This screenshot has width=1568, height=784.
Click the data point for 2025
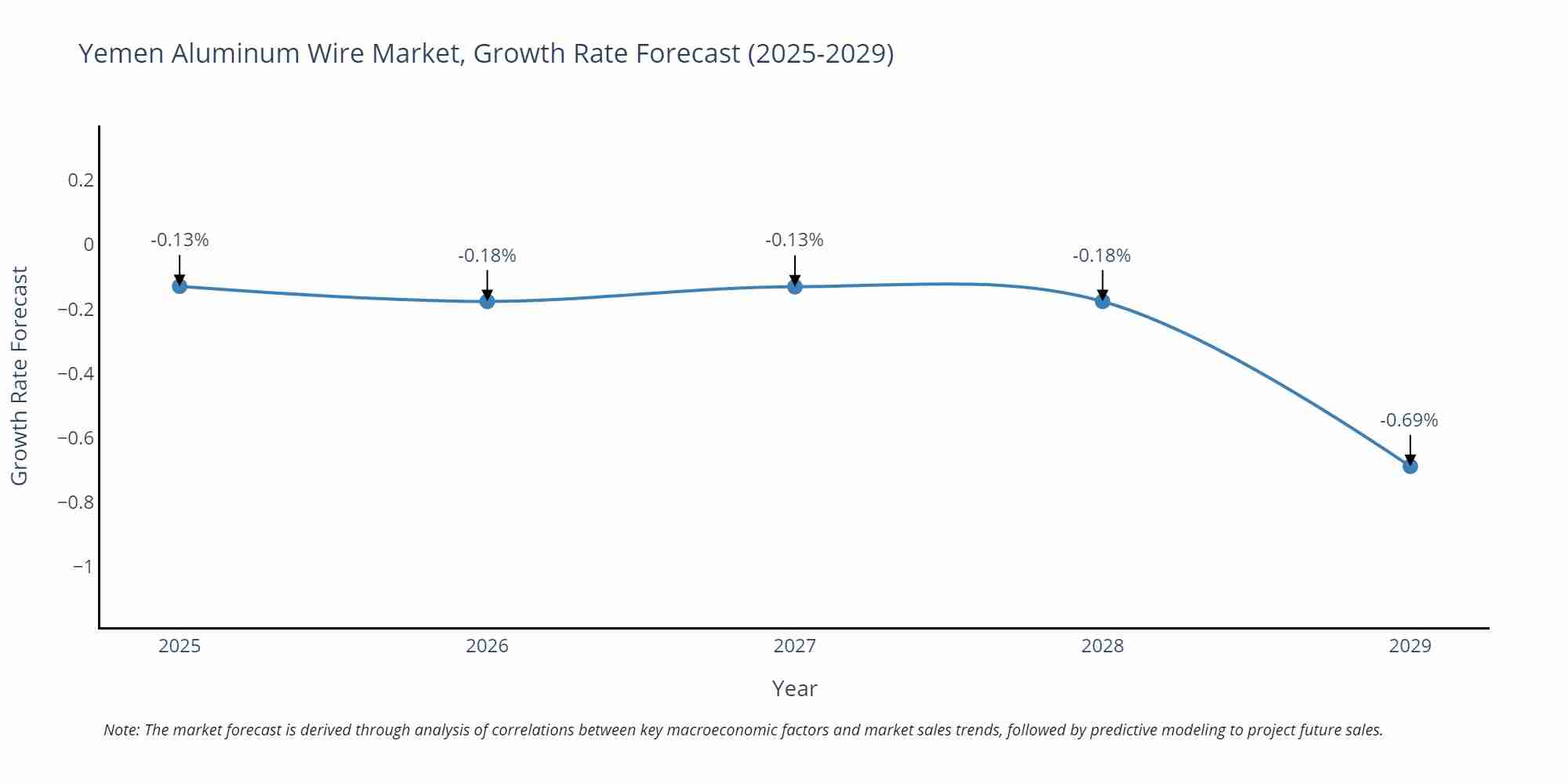[x=180, y=286]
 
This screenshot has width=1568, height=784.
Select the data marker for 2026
[x=487, y=301]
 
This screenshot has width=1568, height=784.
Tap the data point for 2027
[x=794, y=286]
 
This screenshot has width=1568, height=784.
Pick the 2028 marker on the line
[x=1102, y=301]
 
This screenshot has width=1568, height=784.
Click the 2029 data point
[x=1410, y=466]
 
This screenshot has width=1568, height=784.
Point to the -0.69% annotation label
[x=1409, y=420]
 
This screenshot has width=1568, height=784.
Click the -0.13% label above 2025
[x=180, y=240]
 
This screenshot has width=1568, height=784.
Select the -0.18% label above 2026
[x=487, y=256]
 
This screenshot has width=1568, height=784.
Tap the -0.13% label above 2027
[x=794, y=240]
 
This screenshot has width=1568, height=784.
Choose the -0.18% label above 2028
[x=1102, y=256]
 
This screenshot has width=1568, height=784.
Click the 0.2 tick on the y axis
[x=81, y=180]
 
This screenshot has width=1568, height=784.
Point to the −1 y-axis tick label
[x=82, y=566]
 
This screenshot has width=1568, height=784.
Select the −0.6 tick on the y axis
[x=76, y=437]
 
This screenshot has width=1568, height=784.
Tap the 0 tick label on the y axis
[x=89, y=245]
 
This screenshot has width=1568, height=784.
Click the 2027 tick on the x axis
[x=794, y=646]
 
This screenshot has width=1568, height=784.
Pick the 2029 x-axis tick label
[x=1410, y=646]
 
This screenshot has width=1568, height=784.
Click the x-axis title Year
[x=794, y=688]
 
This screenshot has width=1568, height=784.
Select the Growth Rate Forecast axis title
[x=20, y=376]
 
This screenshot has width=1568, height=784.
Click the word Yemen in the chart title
[x=122, y=53]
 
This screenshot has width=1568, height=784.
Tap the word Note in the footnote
[x=121, y=730]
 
